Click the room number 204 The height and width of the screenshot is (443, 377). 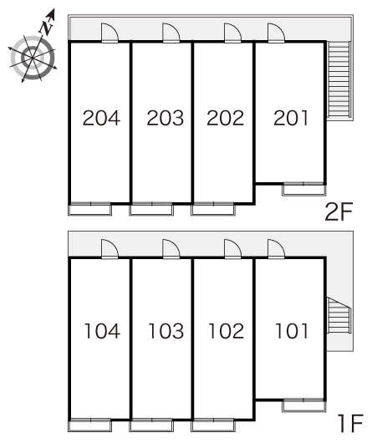pyautogui.click(x=101, y=118)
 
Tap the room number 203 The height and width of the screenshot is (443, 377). pyautogui.click(x=165, y=118)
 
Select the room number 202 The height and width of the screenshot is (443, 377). pyautogui.click(x=225, y=118)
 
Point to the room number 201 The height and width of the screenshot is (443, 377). pyautogui.click(x=291, y=118)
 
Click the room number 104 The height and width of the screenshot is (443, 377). pyautogui.click(x=102, y=331)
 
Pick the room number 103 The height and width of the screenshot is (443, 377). pyautogui.click(x=166, y=331)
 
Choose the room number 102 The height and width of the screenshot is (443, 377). pyautogui.click(x=226, y=331)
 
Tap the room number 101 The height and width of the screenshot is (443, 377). pyautogui.click(x=292, y=331)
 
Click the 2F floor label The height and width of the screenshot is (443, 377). pyautogui.click(x=339, y=212)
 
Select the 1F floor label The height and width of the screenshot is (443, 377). pyautogui.click(x=350, y=423)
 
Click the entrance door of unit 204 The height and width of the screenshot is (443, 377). pyautogui.click(x=110, y=33)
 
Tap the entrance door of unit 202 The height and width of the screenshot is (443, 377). pyautogui.click(x=232, y=33)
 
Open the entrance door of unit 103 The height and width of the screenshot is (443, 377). pyautogui.click(x=171, y=249)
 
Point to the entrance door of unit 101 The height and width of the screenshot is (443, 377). pyautogui.click(x=276, y=249)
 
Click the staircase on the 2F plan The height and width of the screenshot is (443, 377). pyautogui.click(x=339, y=79)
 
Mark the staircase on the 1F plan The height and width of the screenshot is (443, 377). pyautogui.click(x=339, y=317)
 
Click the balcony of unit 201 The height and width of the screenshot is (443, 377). pyautogui.click(x=303, y=189)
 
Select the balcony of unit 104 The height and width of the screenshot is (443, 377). pyautogui.click(x=90, y=425)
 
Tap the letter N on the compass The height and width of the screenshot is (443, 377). pyautogui.click(x=46, y=28)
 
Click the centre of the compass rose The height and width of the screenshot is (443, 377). pyautogui.click(x=32, y=58)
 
